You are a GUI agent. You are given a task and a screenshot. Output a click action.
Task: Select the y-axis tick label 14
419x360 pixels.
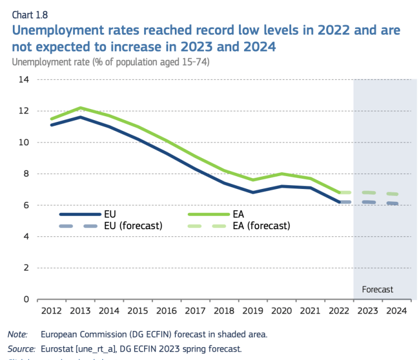(23, 80)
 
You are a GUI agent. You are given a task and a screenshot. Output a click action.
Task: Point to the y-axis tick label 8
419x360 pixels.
(26, 174)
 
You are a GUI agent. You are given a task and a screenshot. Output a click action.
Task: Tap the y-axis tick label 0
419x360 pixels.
(26, 299)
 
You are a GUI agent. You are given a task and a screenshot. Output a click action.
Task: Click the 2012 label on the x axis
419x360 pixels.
(52, 310)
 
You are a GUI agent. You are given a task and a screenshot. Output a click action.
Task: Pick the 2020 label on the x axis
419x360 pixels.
(282, 310)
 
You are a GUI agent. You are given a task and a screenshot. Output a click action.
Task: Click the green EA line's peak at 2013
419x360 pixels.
(80, 107)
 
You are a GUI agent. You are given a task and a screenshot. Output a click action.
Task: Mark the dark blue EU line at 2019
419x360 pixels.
(253, 192)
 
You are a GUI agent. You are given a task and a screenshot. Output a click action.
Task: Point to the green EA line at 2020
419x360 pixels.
(282, 174)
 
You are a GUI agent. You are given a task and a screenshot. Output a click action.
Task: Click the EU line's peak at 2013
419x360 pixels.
(80, 117)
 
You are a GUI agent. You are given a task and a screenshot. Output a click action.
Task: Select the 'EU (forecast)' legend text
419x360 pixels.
(133, 226)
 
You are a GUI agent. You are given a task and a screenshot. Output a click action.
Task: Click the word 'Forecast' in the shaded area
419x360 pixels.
(378, 290)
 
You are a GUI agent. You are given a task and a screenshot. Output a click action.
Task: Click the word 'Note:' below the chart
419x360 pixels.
(18, 334)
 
